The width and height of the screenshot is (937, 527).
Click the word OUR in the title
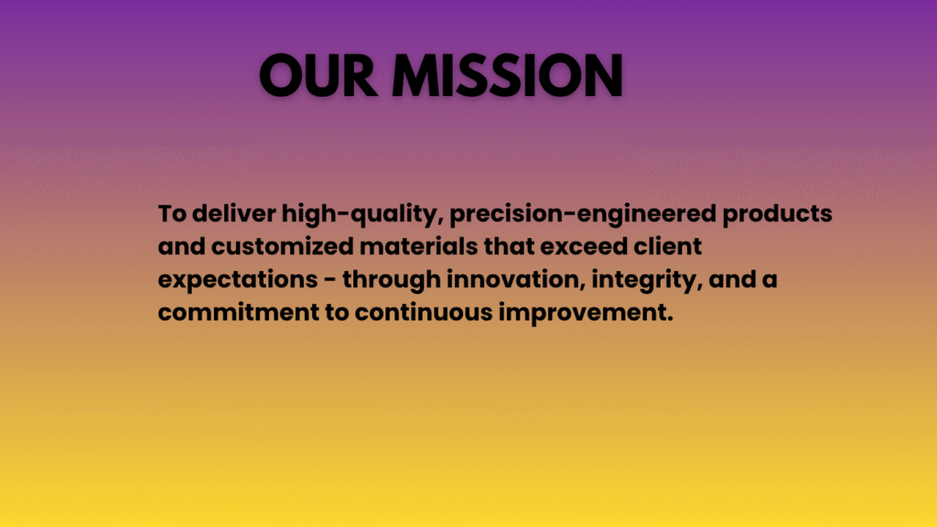click(x=318, y=75)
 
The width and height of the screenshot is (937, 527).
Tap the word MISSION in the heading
click(x=507, y=75)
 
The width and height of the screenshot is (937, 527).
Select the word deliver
click(x=234, y=213)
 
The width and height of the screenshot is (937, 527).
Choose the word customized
click(x=282, y=246)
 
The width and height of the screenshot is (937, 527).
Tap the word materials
click(x=419, y=246)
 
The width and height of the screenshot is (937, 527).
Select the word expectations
click(x=238, y=280)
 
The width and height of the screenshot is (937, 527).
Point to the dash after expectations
click(x=329, y=280)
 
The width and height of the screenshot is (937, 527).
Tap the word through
click(x=392, y=280)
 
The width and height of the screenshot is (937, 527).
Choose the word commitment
click(x=239, y=312)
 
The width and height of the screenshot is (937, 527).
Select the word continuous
click(x=424, y=312)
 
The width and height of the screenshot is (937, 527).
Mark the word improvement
click(x=587, y=313)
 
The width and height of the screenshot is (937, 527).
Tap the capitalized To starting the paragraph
click(x=172, y=213)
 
